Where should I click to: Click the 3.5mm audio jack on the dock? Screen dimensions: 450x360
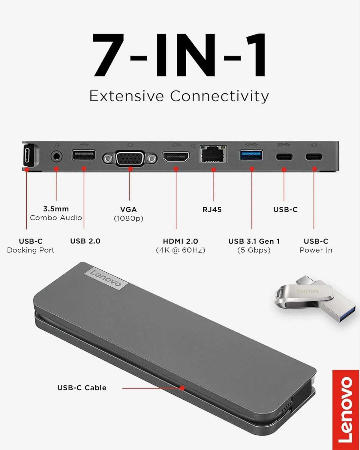[x=56, y=156]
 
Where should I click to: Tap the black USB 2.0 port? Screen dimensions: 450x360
[x=84, y=155]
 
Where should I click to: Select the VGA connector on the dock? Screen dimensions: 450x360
[x=130, y=158]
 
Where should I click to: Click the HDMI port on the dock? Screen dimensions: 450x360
[x=176, y=157]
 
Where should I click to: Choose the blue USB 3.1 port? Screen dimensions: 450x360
[x=251, y=155]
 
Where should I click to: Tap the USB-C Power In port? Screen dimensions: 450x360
[x=314, y=157]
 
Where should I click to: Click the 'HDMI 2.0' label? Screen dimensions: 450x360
[x=180, y=241]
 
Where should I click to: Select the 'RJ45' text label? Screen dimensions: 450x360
[x=212, y=209]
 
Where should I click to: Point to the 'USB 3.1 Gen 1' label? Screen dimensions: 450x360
[x=254, y=241]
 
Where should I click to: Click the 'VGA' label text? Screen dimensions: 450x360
[x=128, y=209]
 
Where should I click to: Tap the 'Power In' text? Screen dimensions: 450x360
[x=316, y=250]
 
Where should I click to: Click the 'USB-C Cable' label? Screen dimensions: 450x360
[x=82, y=388]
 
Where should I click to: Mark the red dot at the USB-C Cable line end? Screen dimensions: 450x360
[x=182, y=388]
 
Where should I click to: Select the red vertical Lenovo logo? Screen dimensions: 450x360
[x=346, y=410]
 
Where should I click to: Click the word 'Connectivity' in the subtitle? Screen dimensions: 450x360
[x=219, y=96]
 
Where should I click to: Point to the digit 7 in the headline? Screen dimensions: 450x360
[x=109, y=55]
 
